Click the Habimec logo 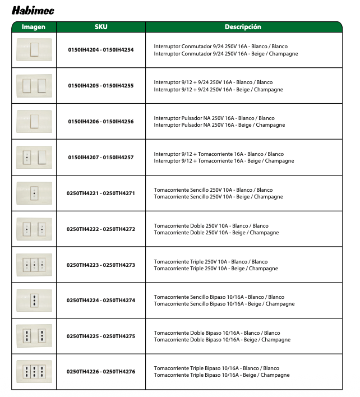coord(33,11)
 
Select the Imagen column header coord(34,27)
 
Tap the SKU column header coord(101,27)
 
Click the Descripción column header coord(243,27)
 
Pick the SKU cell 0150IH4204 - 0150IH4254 coord(101,50)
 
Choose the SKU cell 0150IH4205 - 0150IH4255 coord(101,86)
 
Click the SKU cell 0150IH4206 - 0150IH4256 coord(101,121)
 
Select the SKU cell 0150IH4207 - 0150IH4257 coord(101,158)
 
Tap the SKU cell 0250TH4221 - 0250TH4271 coord(101,193)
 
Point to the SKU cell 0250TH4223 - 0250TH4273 coord(101,265)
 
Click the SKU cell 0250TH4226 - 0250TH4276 coord(101,371)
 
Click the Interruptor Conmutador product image coord(34,49)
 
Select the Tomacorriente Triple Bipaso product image coord(34,371)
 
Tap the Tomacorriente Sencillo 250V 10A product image coord(34,193)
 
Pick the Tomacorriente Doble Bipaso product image coord(34,336)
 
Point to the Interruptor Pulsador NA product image coord(34,121)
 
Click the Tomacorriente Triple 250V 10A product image coord(34,265)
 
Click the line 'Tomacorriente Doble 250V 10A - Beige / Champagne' coord(216,233)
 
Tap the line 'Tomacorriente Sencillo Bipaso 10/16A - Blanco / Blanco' coord(219,297)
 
